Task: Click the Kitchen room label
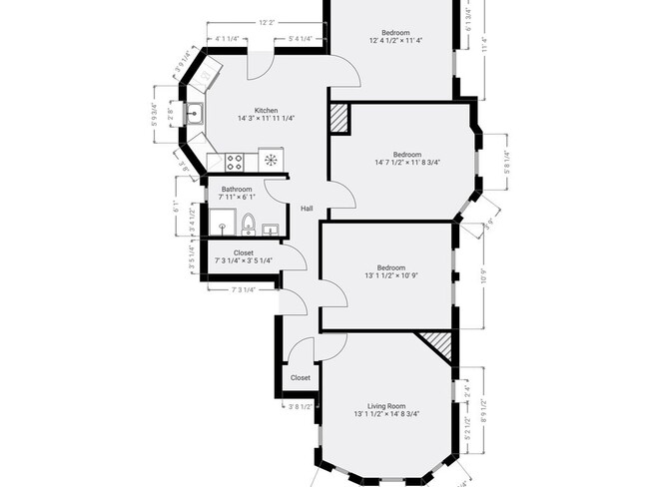point(265,110)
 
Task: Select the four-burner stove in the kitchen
point(236,160)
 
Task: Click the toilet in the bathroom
point(249,222)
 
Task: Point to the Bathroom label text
point(237,189)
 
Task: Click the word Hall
point(308,209)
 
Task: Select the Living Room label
point(385,405)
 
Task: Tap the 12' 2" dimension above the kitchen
point(267,22)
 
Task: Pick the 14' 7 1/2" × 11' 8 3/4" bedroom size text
point(407,163)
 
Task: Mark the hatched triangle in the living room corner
point(435,346)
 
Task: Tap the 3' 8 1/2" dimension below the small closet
point(301,406)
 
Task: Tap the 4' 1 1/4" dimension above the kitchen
point(232,39)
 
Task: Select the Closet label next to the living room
point(301,378)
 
